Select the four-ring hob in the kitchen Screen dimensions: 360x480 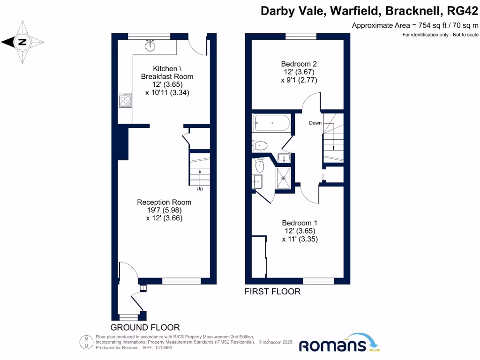pos(125,100)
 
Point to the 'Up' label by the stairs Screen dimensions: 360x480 pos(199,189)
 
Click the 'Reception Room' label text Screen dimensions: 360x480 pos(164,202)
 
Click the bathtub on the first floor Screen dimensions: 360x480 pos(271,124)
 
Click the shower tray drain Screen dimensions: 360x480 pos(283,178)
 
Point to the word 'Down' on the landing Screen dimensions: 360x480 pos(315,123)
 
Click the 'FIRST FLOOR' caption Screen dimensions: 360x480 pos(272,292)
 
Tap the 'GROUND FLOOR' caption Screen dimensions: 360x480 pos(145,327)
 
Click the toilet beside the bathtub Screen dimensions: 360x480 pos(260,145)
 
